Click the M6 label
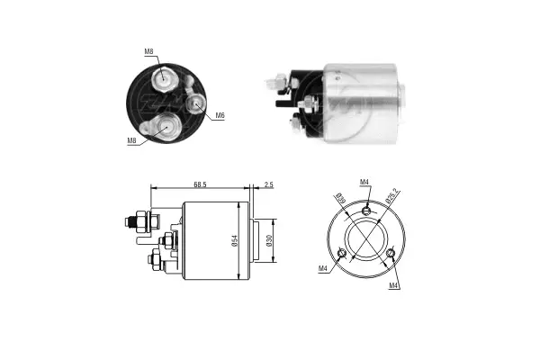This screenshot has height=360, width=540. click(x=220, y=116)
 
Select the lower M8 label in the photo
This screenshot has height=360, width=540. click(x=132, y=140)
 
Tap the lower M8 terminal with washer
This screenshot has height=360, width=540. click(x=165, y=128)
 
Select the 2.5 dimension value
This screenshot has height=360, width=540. click(x=268, y=184)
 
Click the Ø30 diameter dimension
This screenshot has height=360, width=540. click(x=269, y=241)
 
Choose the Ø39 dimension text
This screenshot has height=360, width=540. click(x=340, y=199)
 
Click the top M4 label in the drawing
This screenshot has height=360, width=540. click(x=364, y=184)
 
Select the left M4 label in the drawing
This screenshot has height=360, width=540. click(x=322, y=268)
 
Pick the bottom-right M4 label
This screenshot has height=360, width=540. click(x=393, y=285)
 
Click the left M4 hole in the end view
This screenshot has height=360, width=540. click(x=342, y=253)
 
